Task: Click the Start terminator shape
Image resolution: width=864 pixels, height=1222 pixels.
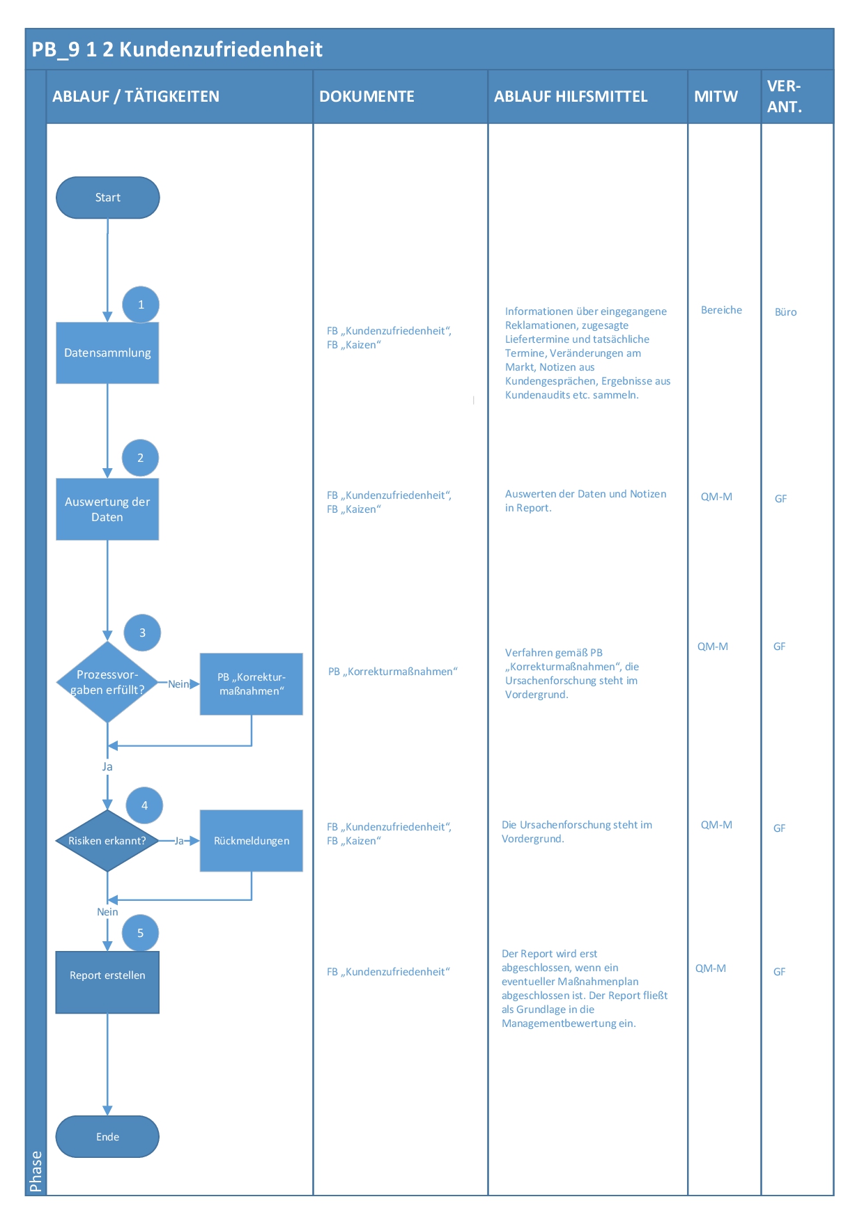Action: pyautogui.click(x=107, y=198)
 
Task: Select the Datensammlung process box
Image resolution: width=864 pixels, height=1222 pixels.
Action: pyautogui.click(x=107, y=353)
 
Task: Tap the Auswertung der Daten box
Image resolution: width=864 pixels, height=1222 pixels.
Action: pyautogui.click(x=107, y=509)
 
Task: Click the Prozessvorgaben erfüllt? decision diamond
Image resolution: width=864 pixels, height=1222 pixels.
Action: pyautogui.click(x=107, y=682)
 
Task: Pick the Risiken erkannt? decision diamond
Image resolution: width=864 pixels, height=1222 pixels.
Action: pyautogui.click(x=107, y=841)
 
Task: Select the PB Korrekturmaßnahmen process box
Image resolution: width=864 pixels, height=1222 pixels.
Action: pyautogui.click(x=251, y=684)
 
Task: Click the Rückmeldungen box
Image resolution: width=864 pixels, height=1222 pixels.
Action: pyautogui.click(x=251, y=841)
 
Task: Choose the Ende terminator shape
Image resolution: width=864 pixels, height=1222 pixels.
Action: pyautogui.click(x=107, y=1137)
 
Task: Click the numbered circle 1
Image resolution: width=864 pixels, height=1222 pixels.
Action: pyautogui.click(x=141, y=304)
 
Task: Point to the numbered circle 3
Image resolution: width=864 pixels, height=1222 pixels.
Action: pyautogui.click(x=142, y=633)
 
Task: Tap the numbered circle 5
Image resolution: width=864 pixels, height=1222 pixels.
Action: pyautogui.click(x=140, y=933)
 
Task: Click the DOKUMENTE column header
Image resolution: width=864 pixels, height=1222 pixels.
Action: pyautogui.click(x=367, y=97)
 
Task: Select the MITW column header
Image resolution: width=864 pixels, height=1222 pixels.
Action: pyautogui.click(x=716, y=97)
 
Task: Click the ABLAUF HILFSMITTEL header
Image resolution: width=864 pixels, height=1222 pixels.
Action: pyautogui.click(x=571, y=97)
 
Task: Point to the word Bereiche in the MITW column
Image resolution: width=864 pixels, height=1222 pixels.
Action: pyautogui.click(x=721, y=310)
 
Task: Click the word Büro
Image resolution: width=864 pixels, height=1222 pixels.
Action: pyautogui.click(x=785, y=312)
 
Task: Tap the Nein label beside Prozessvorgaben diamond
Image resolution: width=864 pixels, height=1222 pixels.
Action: pyautogui.click(x=178, y=684)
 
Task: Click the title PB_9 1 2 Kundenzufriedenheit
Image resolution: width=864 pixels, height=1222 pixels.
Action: pyautogui.click(x=177, y=49)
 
